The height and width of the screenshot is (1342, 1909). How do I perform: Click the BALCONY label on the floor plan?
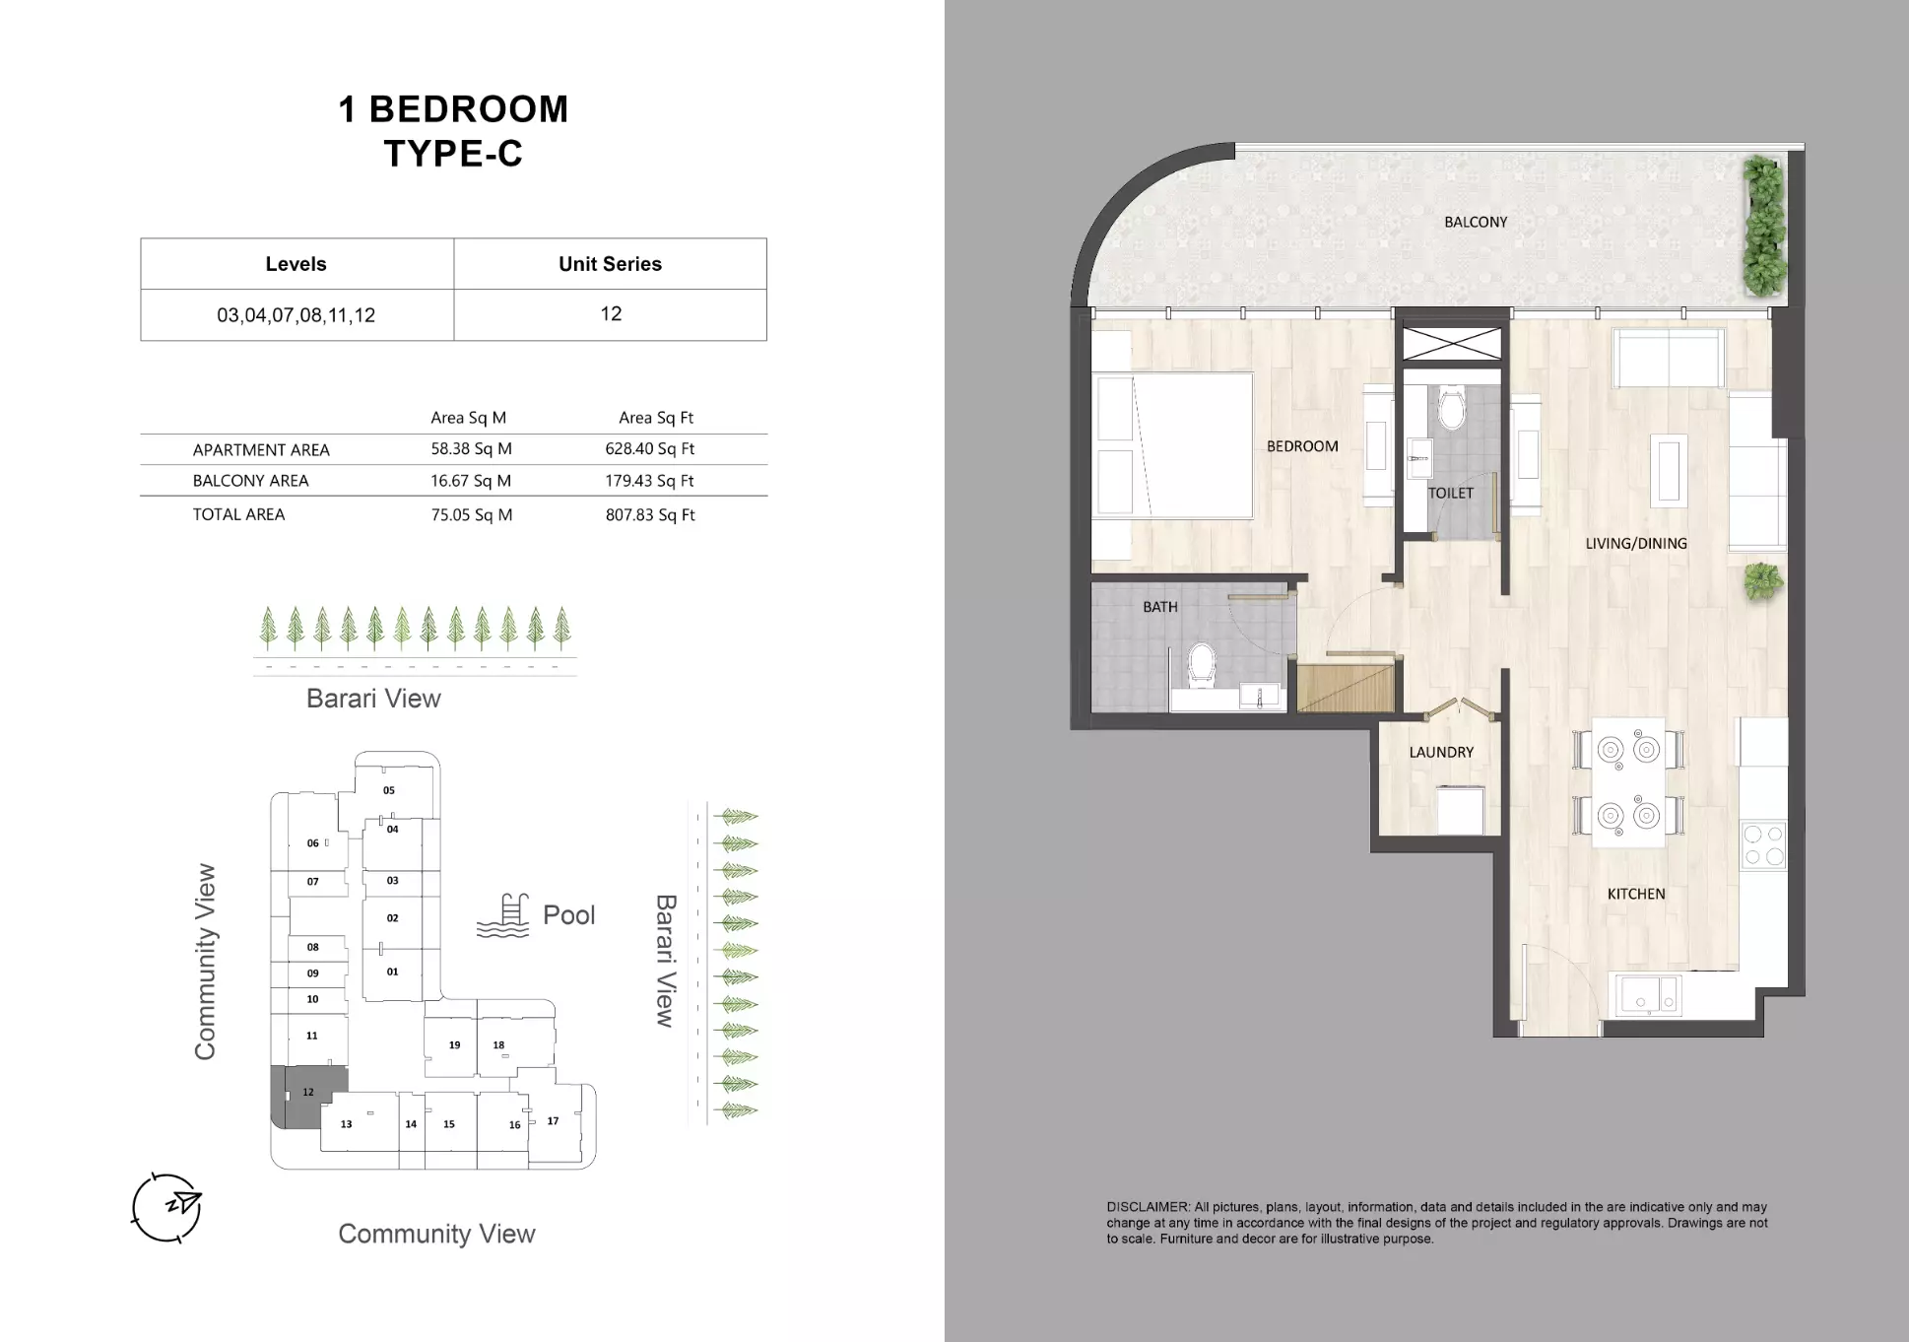click(x=1475, y=223)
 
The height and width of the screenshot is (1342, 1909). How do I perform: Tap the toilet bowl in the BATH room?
click(x=1202, y=666)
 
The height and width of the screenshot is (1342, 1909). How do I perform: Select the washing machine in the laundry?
click(x=1460, y=810)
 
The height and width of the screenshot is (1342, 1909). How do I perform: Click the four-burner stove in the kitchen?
click(x=1763, y=846)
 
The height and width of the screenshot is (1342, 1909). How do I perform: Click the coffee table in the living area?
click(x=1669, y=472)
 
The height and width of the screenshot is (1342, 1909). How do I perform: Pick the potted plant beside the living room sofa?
click(x=1762, y=580)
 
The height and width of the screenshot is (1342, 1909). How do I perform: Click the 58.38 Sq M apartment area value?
click(x=471, y=449)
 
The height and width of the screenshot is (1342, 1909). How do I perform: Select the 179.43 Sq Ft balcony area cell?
click(x=649, y=481)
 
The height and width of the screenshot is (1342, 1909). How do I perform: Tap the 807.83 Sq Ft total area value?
click(x=649, y=515)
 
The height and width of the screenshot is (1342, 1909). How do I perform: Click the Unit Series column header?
click(x=610, y=264)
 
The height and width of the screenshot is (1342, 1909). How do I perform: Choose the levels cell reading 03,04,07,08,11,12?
click(x=296, y=315)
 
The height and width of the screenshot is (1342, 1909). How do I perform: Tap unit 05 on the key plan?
click(x=389, y=790)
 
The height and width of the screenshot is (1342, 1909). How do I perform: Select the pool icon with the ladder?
click(x=502, y=916)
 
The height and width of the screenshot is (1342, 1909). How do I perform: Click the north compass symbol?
click(x=167, y=1206)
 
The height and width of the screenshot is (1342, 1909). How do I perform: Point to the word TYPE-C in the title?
click(x=452, y=154)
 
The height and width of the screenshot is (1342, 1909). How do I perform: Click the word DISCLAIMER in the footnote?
click(x=1147, y=1207)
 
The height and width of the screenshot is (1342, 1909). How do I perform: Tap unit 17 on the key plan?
click(x=554, y=1121)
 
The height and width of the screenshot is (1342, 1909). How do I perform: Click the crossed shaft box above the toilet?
click(x=1452, y=344)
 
